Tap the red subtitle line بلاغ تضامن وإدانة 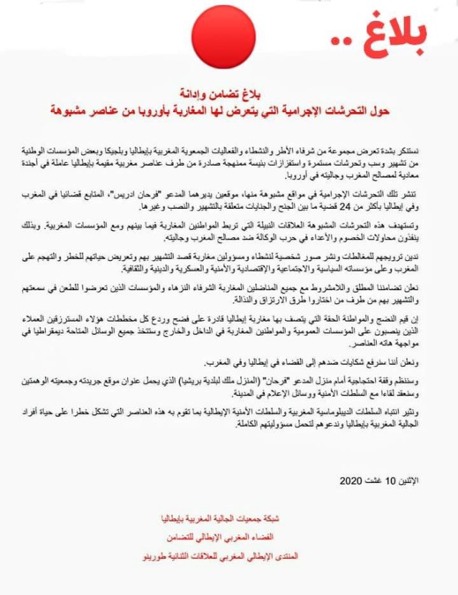tap(229, 93)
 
